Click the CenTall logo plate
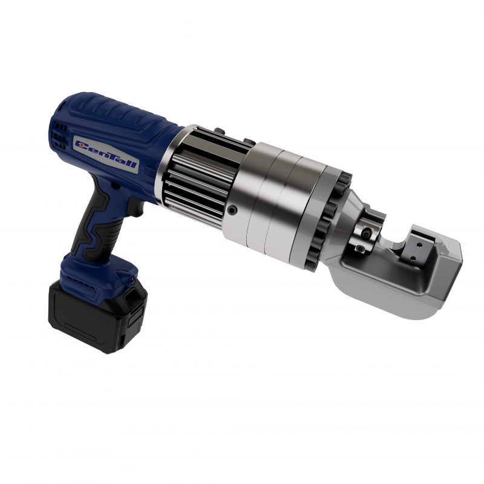click(x=106, y=155)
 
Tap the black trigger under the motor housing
click(x=135, y=207)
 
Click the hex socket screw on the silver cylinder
click(x=232, y=211)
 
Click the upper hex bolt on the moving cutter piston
click(x=367, y=234)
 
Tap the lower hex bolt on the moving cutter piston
click(x=360, y=248)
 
